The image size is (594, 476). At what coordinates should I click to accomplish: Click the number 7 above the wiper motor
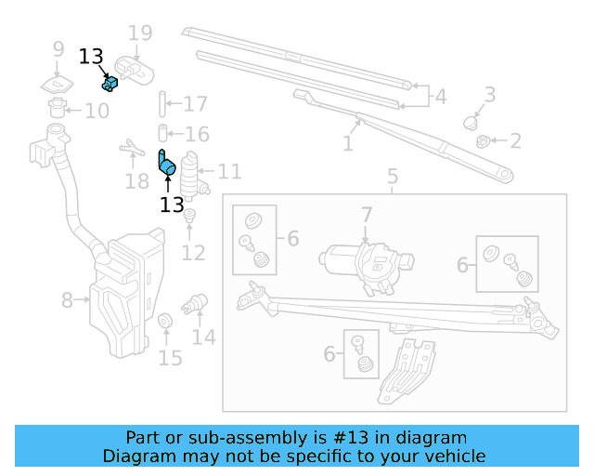(367, 216)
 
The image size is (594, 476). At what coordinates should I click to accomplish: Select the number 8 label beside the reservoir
(67, 300)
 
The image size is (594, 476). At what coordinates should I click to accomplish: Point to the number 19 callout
(139, 34)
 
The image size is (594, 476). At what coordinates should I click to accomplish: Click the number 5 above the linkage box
(393, 176)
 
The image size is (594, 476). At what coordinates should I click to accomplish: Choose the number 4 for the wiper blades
(440, 95)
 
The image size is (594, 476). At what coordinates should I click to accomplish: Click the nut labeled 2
(483, 141)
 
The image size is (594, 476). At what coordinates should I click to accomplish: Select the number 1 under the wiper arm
(348, 144)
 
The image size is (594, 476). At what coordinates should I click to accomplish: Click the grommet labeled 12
(189, 217)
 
